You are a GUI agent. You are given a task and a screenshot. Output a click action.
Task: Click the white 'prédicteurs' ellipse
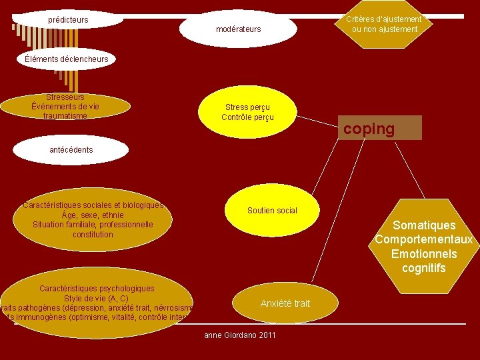[68, 19]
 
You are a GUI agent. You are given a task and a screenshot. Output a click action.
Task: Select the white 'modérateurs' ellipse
[238, 29]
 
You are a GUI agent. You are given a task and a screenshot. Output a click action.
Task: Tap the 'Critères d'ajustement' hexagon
[383, 24]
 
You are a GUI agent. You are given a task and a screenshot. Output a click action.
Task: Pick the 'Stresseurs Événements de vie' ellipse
[65, 106]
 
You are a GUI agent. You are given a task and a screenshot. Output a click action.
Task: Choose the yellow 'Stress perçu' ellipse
[247, 112]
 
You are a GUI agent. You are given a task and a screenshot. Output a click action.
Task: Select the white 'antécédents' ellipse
[71, 149]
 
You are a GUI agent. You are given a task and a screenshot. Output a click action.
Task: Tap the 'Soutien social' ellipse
[272, 211]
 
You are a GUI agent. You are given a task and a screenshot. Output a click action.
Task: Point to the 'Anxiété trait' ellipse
[285, 303]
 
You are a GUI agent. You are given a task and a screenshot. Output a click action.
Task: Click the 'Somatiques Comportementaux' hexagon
[424, 247]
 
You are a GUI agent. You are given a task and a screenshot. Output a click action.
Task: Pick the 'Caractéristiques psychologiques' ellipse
[97, 303]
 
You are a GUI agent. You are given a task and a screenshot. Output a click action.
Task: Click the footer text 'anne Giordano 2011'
[239, 335]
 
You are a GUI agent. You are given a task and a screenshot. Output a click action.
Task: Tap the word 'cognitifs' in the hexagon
[424, 269]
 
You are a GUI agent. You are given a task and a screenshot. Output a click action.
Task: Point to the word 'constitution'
[93, 235]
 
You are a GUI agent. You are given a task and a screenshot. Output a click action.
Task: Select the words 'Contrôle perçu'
[247, 118]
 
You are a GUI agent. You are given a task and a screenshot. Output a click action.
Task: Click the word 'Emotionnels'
[424, 254]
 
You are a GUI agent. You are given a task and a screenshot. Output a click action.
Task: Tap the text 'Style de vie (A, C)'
[96, 298]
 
